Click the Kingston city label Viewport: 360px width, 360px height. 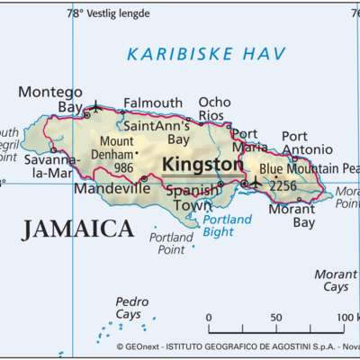click(202, 166)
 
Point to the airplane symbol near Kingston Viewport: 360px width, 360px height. click(255, 183)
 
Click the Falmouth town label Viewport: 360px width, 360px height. click(153, 103)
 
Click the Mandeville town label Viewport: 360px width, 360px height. click(112, 189)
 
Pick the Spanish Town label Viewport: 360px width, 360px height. click(190, 198)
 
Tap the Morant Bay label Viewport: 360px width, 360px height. click(292, 215)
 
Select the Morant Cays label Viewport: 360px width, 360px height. click(335, 280)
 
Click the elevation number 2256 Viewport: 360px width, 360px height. click(282, 186)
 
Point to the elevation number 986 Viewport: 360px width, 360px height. click(123, 167)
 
